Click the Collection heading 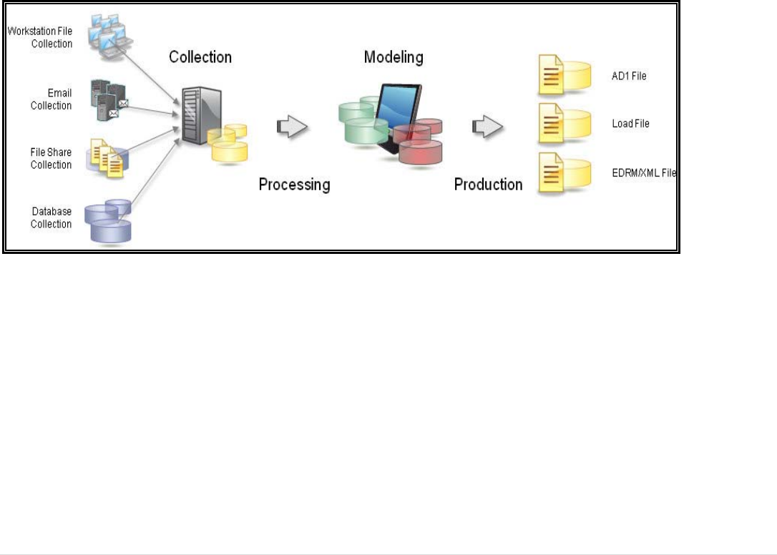(x=200, y=57)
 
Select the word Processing (x=294, y=185)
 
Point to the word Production (x=489, y=185)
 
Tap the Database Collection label (x=52, y=218)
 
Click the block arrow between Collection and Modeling (x=292, y=127)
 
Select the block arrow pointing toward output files (x=487, y=127)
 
